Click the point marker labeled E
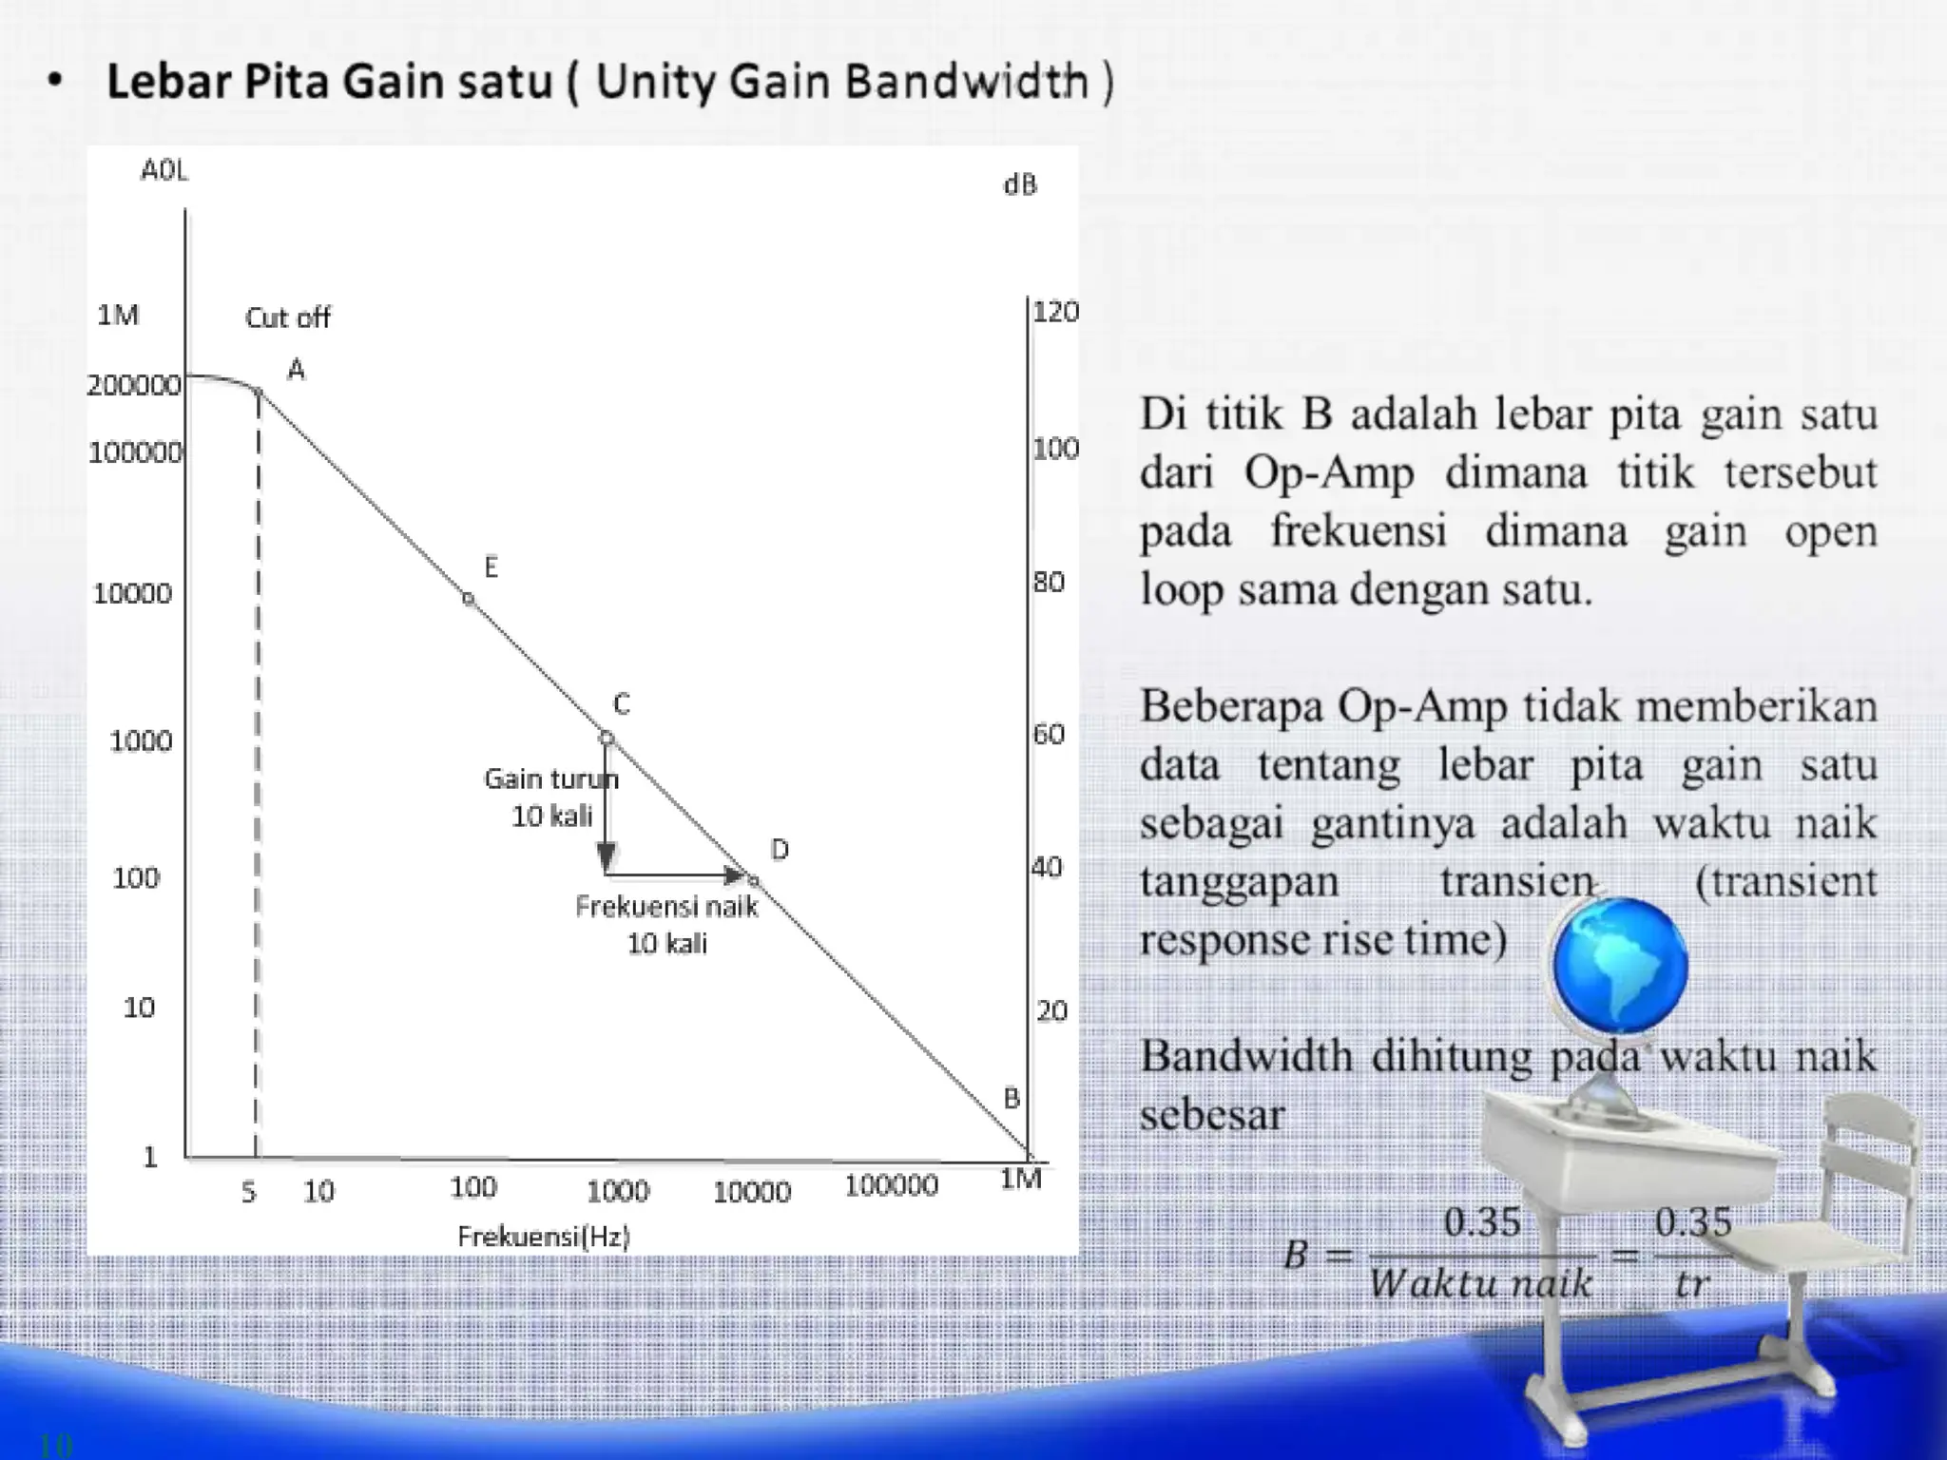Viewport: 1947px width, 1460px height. [x=469, y=599]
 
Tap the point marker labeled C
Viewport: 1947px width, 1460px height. [x=607, y=738]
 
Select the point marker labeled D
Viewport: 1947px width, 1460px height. [x=754, y=881]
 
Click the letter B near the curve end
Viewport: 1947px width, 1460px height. [x=1012, y=1099]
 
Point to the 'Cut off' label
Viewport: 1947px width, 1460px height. [x=287, y=317]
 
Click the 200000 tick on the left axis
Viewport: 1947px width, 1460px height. [x=134, y=385]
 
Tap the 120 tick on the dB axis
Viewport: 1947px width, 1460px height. [x=1055, y=312]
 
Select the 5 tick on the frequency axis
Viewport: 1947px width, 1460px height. [x=249, y=1192]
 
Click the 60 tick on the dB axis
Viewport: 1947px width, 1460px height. [x=1049, y=734]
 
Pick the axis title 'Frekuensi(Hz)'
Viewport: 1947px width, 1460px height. [x=544, y=1237]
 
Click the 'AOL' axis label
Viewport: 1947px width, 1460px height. [x=164, y=171]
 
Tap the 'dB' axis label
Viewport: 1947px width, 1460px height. [x=1020, y=185]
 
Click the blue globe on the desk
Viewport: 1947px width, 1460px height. [x=1619, y=965]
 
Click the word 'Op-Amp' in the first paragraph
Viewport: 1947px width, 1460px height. [x=1328, y=472]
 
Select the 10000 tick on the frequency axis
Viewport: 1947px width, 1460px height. [x=752, y=1192]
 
